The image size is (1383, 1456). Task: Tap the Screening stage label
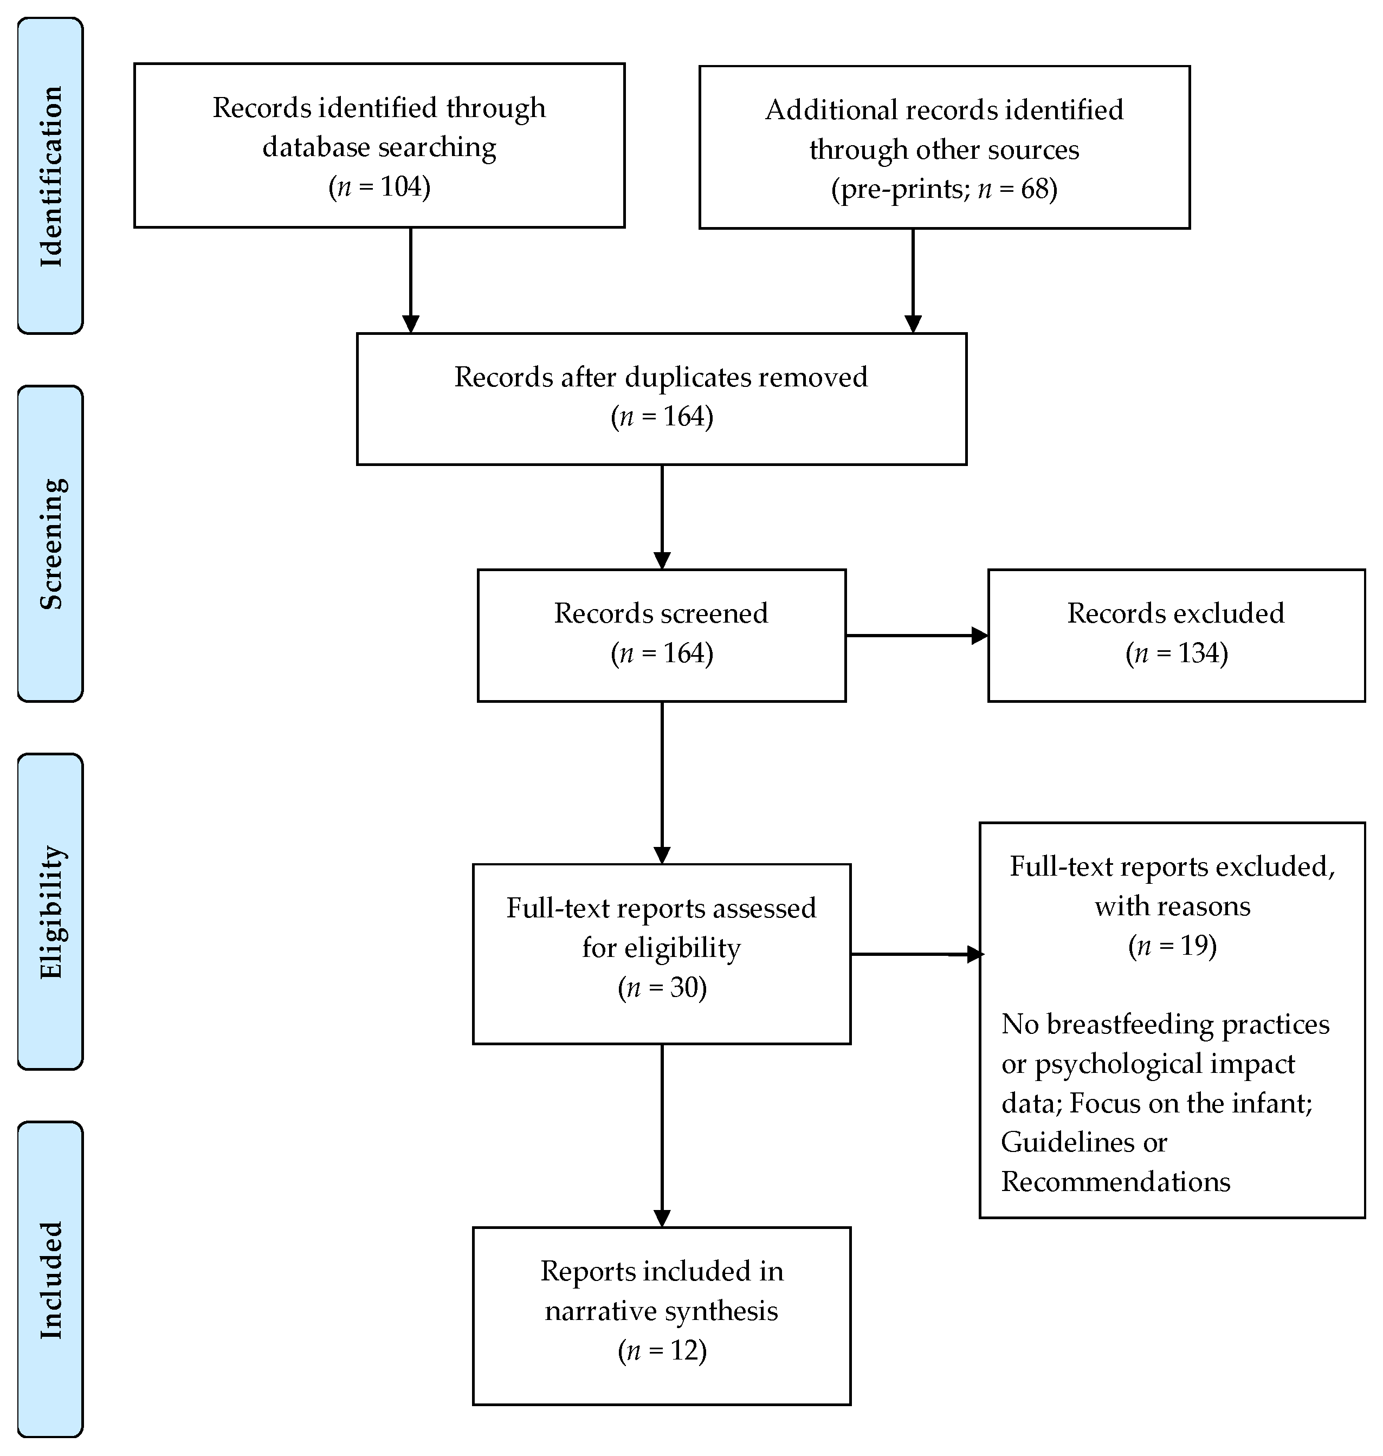coord(50,544)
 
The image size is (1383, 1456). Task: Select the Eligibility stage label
coord(50,912)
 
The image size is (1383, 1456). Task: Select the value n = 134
coord(1176,653)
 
